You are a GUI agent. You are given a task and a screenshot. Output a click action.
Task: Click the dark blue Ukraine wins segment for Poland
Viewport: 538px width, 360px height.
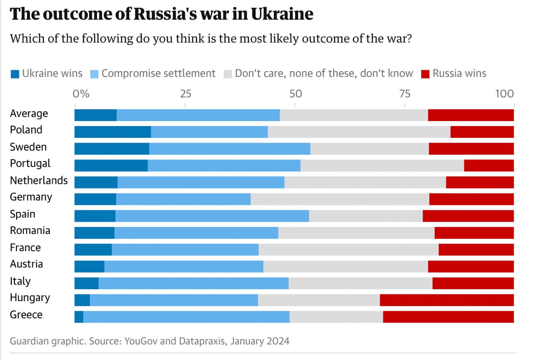pos(113,132)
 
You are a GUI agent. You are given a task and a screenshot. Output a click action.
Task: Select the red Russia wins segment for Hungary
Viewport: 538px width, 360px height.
pos(446,300)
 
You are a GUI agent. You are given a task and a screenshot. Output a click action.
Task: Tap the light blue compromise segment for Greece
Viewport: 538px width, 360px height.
pos(186,317)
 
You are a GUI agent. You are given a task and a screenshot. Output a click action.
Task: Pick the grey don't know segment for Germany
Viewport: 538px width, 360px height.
pos(340,199)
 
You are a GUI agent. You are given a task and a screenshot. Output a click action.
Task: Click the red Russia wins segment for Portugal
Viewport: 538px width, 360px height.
pos(489,166)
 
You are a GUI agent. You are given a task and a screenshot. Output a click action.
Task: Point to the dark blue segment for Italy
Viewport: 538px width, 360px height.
pos(87,283)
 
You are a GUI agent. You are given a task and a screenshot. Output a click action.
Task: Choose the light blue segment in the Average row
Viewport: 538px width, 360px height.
pos(198,115)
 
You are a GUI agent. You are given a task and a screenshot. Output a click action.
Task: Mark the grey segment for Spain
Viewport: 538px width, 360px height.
pos(366,216)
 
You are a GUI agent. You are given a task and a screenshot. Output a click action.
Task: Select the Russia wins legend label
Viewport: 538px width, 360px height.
pos(459,74)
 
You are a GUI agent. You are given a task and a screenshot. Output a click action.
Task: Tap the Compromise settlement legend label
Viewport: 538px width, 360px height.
pos(158,74)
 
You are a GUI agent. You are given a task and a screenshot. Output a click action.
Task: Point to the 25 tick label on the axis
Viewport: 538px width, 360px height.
pos(186,93)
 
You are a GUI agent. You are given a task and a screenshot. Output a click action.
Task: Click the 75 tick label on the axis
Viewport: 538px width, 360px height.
pos(404,93)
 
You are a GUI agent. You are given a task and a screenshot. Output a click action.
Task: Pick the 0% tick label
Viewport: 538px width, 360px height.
pos(81,93)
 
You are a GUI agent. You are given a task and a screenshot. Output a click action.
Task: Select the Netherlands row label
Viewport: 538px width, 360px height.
pos(39,180)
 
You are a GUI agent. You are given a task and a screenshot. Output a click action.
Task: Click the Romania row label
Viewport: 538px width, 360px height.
pos(30,230)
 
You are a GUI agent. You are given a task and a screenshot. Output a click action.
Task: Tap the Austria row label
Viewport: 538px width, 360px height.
pos(26,264)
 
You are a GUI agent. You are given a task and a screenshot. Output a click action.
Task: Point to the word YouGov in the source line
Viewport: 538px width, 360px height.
pos(141,341)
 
